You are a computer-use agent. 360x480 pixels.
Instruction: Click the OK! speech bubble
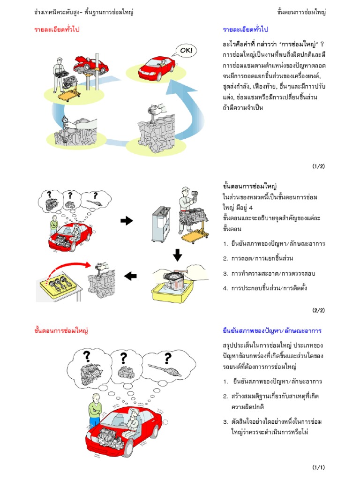click(187, 50)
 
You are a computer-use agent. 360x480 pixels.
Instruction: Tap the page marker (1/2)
click(318, 166)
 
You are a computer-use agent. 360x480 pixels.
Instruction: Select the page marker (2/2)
click(318, 310)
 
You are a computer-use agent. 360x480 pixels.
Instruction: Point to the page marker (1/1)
click(318, 467)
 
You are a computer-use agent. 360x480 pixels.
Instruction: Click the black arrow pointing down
click(178, 255)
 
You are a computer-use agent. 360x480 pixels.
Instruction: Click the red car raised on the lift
click(92, 61)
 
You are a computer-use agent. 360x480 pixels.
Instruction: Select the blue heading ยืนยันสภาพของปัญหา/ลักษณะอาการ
click(272, 331)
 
